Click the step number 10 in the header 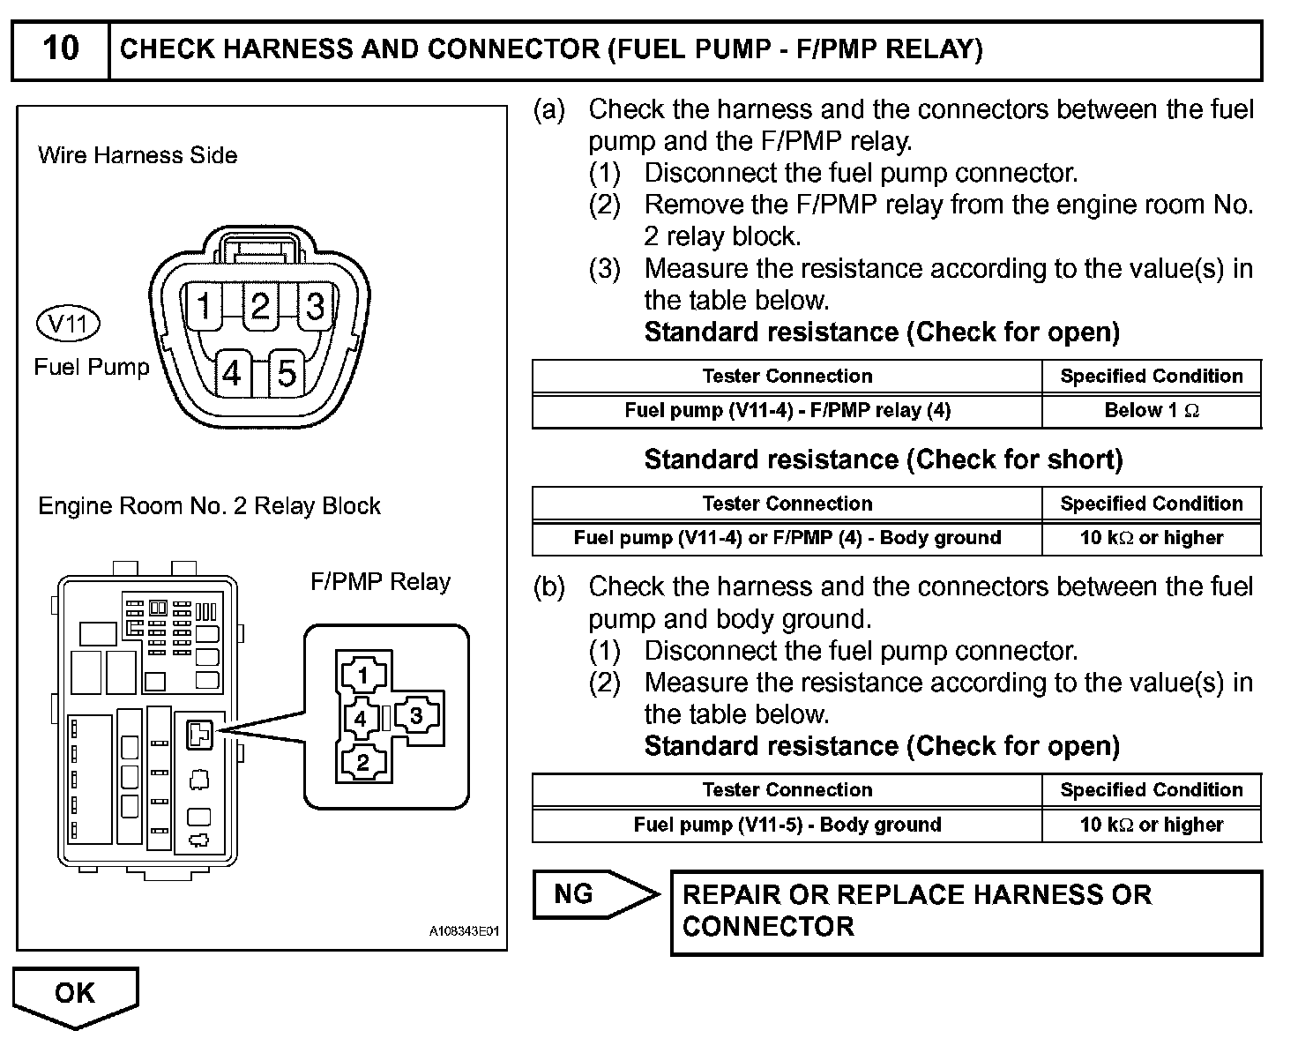(x=60, y=49)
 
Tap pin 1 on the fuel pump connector (x=205, y=306)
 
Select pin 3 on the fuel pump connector (x=315, y=306)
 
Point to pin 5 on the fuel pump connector (x=287, y=374)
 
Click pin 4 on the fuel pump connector (x=232, y=374)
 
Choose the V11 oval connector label (x=68, y=324)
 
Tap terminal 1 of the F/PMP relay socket (x=362, y=676)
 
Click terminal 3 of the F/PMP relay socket (x=416, y=716)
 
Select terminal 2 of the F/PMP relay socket (x=362, y=762)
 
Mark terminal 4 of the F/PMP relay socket (x=360, y=719)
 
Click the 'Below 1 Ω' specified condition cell (x=1152, y=410)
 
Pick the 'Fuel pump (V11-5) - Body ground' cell (x=787, y=825)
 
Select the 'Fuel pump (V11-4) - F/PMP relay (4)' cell (x=787, y=410)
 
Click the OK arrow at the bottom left (x=76, y=994)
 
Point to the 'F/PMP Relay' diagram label (x=380, y=582)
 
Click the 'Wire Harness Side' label (x=138, y=155)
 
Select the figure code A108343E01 (x=464, y=931)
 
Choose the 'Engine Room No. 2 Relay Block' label (x=209, y=506)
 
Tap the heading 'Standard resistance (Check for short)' (x=884, y=459)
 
